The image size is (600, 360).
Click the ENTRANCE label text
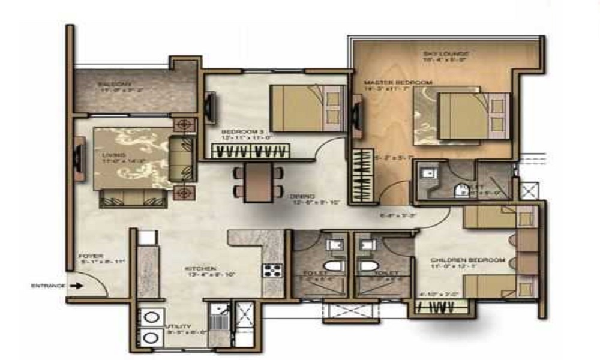pyautogui.click(x=48, y=286)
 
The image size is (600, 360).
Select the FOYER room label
pyautogui.click(x=86, y=257)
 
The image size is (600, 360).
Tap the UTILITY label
pyautogui.click(x=178, y=326)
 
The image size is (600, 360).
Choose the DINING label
pyautogui.click(x=299, y=196)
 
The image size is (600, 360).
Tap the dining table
pyautogui.click(x=258, y=181)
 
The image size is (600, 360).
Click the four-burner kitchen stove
pyautogui.click(x=271, y=270)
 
